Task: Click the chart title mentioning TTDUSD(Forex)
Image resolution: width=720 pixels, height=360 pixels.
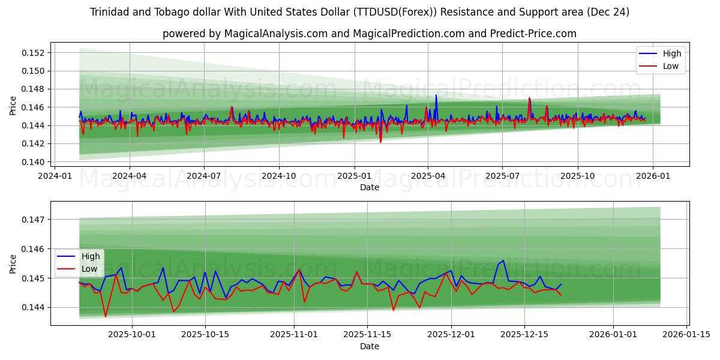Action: pos(360,12)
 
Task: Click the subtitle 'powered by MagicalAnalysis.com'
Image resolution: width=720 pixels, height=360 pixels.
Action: pos(370,34)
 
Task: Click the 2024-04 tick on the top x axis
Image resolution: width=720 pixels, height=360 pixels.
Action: pos(130,176)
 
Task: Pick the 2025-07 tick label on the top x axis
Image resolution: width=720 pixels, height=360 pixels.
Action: pos(503,176)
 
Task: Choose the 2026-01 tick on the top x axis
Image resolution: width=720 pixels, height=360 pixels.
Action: pos(653,176)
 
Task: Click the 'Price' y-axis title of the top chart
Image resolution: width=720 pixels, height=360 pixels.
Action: pos(13,105)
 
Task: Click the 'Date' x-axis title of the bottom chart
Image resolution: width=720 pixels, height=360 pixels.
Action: pos(370,346)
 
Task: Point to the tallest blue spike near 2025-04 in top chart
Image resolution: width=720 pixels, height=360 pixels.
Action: pos(436,95)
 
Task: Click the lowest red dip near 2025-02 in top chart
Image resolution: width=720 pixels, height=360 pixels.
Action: pos(380,142)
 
